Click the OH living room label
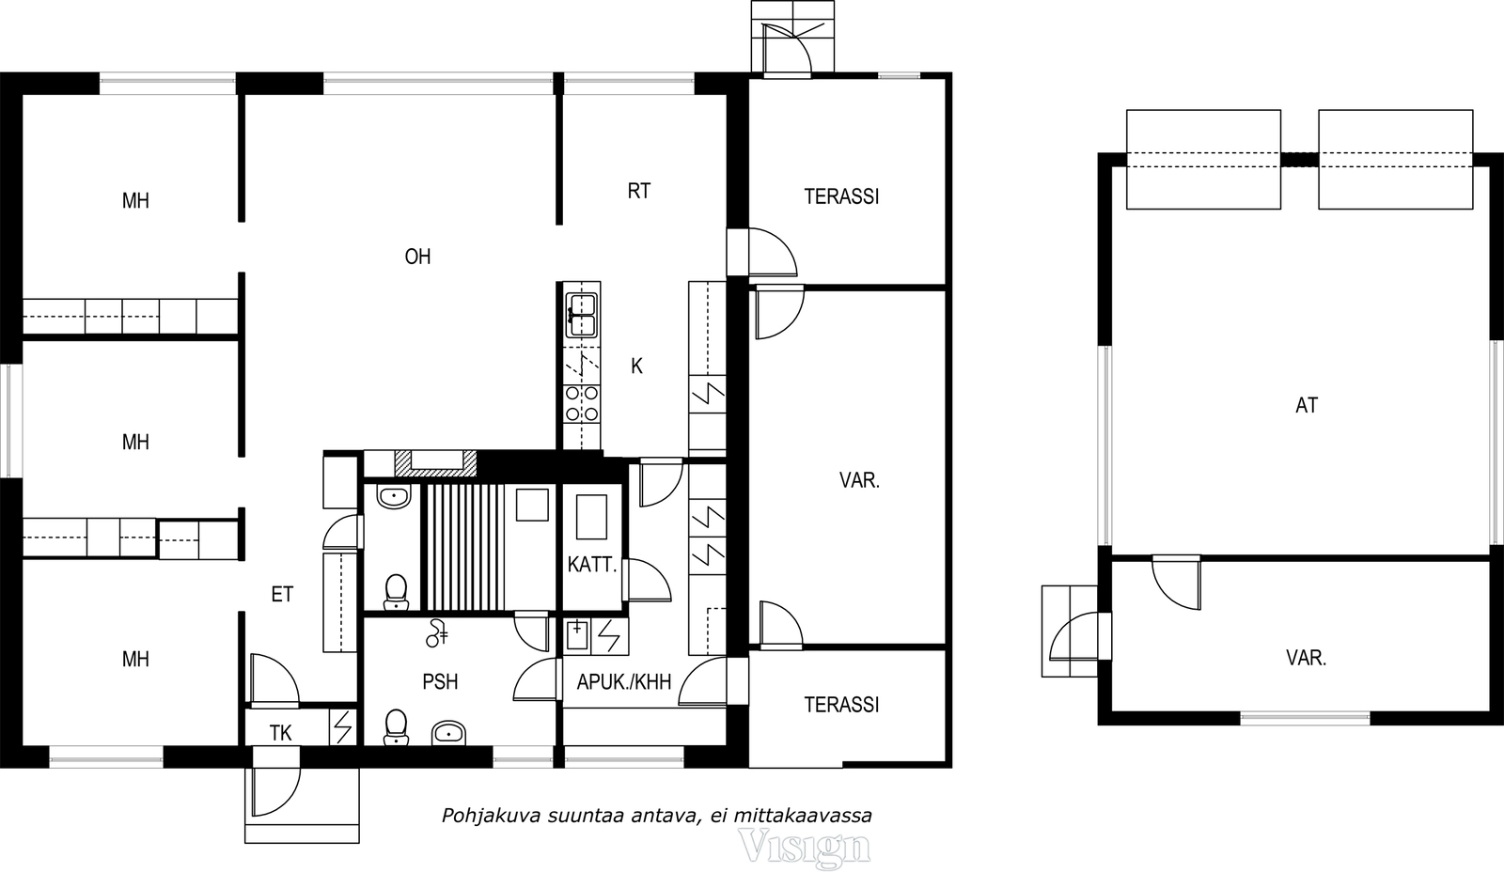[x=417, y=257]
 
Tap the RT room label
[x=638, y=192]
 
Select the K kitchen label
[x=636, y=366]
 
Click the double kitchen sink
[x=582, y=315]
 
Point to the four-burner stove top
[x=582, y=403]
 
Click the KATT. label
[x=591, y=565]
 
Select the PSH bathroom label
[x=440, y=681]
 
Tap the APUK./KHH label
[x=624, y=682]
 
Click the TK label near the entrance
[x=281, y=733]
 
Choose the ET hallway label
[x=282, y=594]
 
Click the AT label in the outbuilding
[x=1307, y=405]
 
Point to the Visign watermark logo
[x=804, y=847]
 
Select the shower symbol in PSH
[x=437, y=632]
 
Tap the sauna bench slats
[x=466, y=547]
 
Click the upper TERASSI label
[x=841, y=196]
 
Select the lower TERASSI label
[x=841, y=705]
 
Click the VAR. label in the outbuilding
[x=1306, y=658]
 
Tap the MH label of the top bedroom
[x=135, y=201]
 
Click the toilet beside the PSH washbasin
[x=396, y=727]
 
